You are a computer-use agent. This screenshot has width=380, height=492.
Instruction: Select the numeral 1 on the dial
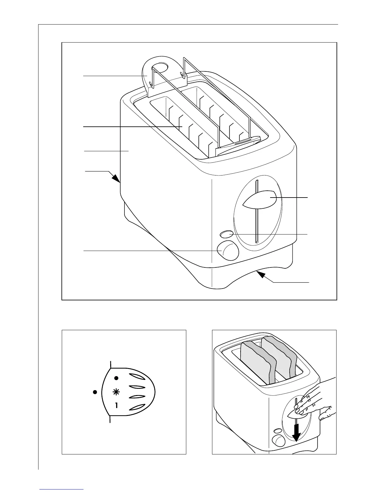tap(116, 405)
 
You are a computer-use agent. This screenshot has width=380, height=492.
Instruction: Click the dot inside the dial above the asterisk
tap(116, 378)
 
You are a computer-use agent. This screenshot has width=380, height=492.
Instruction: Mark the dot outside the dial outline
tap(95, 392)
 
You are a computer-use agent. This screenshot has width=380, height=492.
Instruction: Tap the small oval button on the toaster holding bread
tap(277, 431)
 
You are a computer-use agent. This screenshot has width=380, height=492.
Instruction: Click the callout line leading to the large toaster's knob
tap(149, 250)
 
